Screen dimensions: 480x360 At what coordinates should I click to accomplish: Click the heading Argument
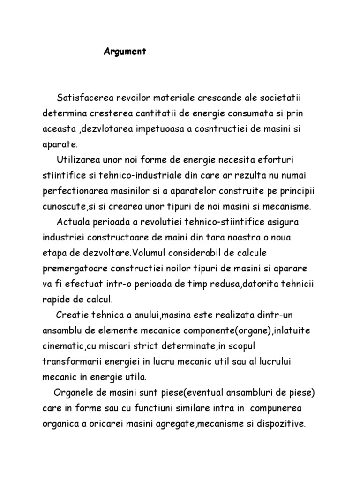tap(125, 52)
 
